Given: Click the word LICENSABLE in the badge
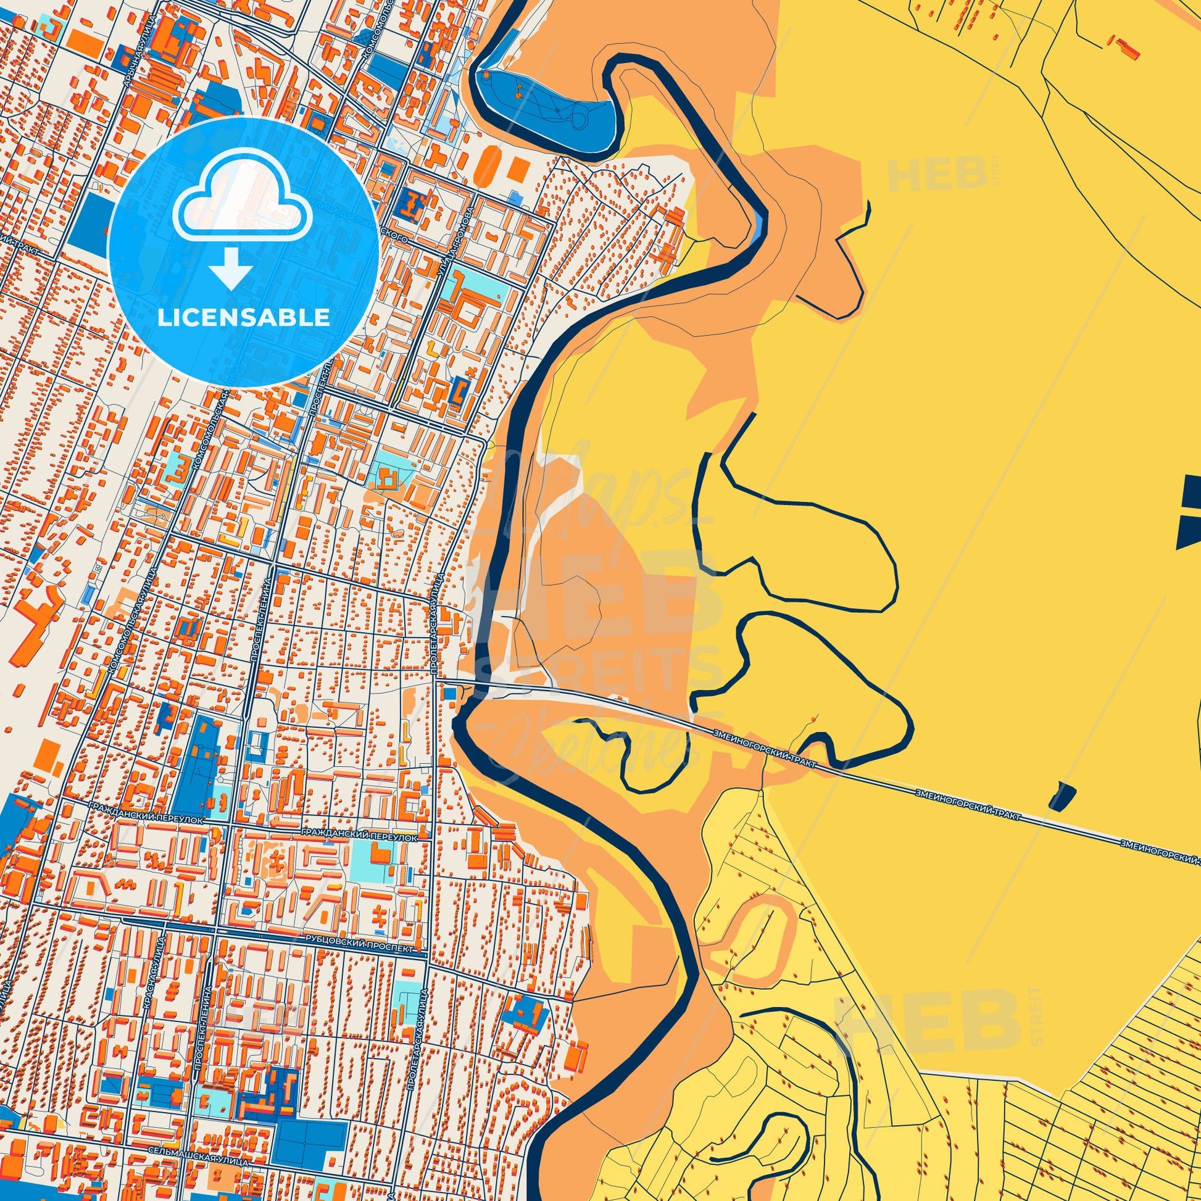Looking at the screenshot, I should pos(243,318).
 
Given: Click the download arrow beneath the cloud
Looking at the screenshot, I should pos(231,267).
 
